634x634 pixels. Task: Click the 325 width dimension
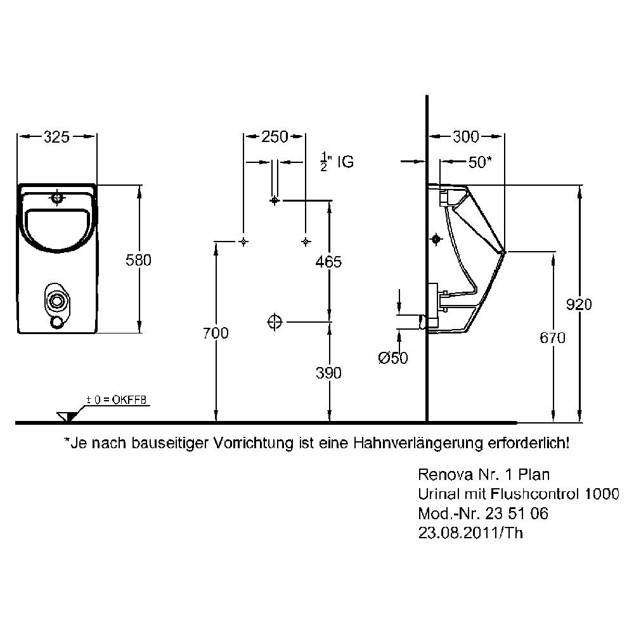click(x=56, y=137)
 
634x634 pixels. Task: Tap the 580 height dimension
click(x=138, y=260)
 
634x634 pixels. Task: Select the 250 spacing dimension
click(x=275, y=137)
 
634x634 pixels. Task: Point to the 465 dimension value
click(x=328, y=262)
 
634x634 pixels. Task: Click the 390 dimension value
click(x=328, y=373)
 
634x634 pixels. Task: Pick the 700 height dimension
click(x=216, y=333)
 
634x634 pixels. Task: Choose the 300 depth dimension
click(x=466, y=137)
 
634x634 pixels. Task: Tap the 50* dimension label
click(x=481, y=162)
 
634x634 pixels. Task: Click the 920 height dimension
click(x=579, y=304)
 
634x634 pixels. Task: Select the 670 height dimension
click(x=552, y=338)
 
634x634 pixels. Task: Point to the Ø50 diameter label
click(x=393, y=358)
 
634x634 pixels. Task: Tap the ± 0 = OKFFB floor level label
click(x=117, y=400)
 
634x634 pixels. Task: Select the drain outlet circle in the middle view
click(x=275, y=322)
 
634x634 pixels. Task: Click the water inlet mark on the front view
click(x=57, y=197)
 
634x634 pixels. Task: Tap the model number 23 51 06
click(x=517, y=514)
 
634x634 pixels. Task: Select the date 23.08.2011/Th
click(x=470, y=533)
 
